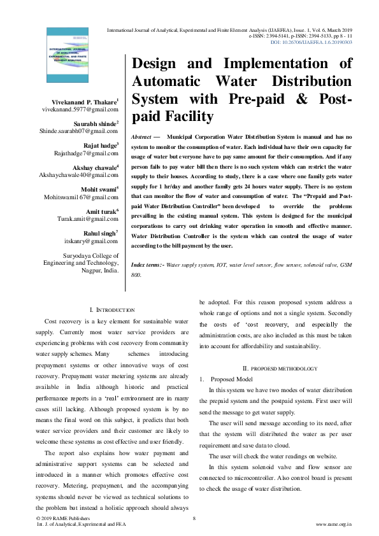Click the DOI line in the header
311,43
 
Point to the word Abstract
140,137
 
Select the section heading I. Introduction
112,309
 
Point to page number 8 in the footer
193,519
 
